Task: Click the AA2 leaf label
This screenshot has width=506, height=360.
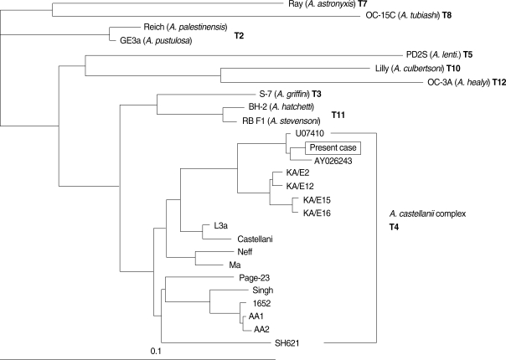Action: point(263,329)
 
